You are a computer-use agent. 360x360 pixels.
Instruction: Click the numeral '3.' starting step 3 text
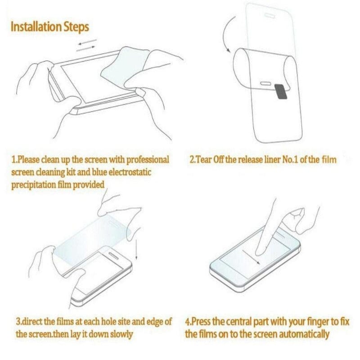19,322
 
